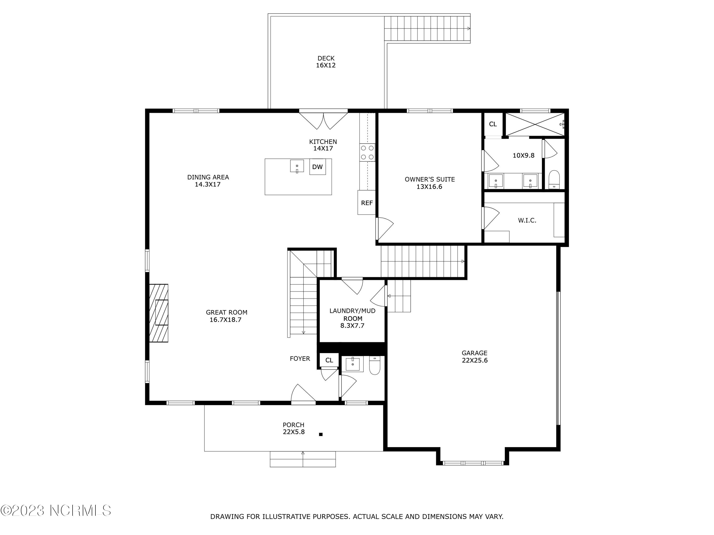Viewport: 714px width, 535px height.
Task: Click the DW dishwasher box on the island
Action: click(317, 167)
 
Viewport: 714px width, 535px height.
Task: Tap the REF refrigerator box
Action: click(367, 203)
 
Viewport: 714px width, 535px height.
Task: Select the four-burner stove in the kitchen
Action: click(367, 153)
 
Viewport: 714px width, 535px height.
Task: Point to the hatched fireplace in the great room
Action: click(159, 313)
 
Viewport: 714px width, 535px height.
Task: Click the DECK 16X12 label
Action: click(326, 62)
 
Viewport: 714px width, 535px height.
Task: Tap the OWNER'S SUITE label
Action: click(430, 183)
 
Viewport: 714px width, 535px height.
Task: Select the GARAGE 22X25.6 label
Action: click(475, 357)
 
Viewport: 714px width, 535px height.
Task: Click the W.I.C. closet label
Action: click(527, 220)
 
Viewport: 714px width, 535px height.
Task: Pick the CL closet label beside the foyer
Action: click(329, 360)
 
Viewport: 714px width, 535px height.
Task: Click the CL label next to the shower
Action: click(493, 124)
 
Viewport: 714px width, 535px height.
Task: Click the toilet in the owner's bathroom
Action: click(554, 179)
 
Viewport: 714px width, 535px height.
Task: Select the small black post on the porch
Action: click(321, 434)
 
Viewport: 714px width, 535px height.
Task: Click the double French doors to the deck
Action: click(323, 120)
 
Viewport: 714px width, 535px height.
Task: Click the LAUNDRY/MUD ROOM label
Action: click(352, 318)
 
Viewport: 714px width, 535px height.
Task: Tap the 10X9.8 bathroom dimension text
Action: click(523, 156)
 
